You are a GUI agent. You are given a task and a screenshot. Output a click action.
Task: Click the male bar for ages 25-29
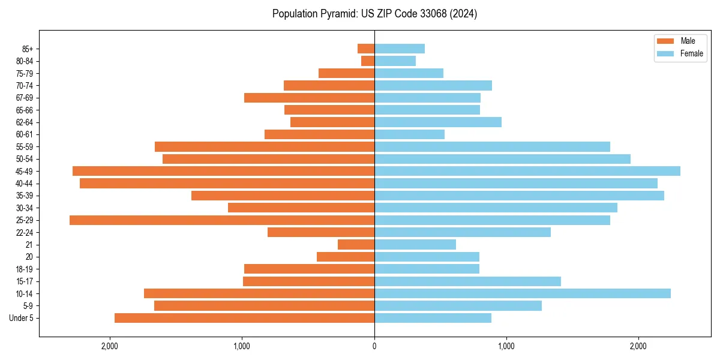tap(222, 220)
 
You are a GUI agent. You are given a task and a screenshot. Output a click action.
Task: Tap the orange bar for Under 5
tap(244, 318)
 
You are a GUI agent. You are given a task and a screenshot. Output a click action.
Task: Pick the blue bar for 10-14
tap(522, 293)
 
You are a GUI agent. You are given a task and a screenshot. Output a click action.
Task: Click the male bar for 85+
tap(366, 49)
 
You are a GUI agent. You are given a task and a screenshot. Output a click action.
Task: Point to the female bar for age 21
tap(415, 245)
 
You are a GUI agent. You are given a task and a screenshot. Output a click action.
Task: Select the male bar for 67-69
tap(309, 98)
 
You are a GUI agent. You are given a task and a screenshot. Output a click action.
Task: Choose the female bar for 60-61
tap(409, 134)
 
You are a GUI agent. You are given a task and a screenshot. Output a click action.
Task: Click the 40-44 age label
tap(25, 184)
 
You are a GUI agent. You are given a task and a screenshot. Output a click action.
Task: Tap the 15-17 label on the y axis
tap(25, 281)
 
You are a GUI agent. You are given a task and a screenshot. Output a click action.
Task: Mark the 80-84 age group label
tap(25, 61)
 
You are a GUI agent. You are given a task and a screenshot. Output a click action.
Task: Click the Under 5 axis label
tap(22, 318)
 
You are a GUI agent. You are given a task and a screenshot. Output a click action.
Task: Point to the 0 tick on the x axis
tap(374, 346)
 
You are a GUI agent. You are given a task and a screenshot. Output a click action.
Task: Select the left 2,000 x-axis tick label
tap(110, 346)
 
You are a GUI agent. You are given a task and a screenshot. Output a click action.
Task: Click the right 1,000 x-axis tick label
tap(506, 346)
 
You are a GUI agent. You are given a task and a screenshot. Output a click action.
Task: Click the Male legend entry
tap(688, 41)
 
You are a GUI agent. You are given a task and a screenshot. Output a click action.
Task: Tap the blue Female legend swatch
tap(665, 53)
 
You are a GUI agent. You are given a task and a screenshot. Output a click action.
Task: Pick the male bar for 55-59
tap(265, 147)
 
